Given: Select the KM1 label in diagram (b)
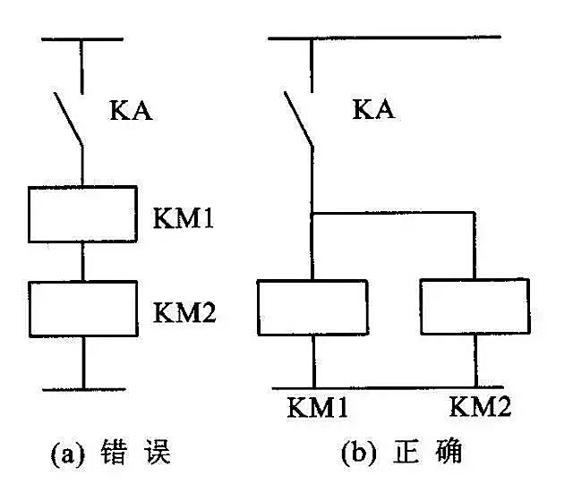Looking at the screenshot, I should tap(318, 408).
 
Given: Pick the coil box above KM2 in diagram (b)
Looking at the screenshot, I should tap(471, 307).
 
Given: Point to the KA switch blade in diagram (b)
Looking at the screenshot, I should tap(298, 117).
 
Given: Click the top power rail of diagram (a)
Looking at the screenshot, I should tap(82, 38).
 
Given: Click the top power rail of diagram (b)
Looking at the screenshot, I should tap(385, 37).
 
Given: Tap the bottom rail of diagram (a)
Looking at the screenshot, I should tap(82, 389).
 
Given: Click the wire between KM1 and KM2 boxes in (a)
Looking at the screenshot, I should tap(82, 261).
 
